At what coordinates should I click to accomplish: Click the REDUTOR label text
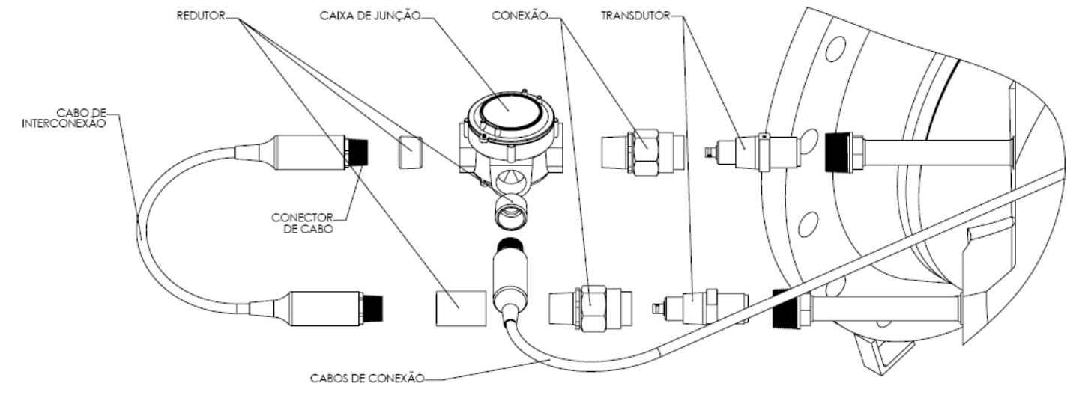(x=201, y=16)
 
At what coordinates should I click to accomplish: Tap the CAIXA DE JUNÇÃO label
(x=370, y=16)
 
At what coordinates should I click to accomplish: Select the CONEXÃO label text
(x=520, y=16)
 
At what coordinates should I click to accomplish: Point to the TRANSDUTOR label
(x=635, y=16)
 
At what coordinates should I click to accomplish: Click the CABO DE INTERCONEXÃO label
(x=64, y=118)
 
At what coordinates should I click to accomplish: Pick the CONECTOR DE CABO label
(x=303, y=224)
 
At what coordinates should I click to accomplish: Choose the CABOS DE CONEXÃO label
(x=366, y=378)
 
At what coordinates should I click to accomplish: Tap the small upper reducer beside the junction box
(x=410, y=152)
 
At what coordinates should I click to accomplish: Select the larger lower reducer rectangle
(x=461, y=308)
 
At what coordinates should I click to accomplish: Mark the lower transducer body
(x=701, y=307)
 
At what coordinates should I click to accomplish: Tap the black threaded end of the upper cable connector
(x=357, y=152)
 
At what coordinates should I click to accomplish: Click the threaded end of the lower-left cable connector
(x=372, y=309)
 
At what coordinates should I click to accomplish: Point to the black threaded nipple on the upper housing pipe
(x=838, y=153)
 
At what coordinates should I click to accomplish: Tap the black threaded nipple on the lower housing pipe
(x=786, y=309)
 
